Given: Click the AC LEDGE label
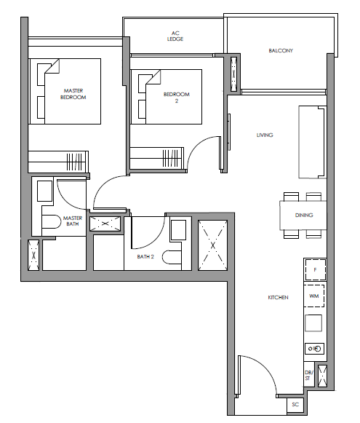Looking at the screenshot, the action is (175, 36).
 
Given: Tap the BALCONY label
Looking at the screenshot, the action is (281, 50).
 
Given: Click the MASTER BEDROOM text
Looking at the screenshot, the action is (73, 94).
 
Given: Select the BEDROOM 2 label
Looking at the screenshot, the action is (177, 98).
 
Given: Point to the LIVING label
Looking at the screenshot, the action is (265, 135).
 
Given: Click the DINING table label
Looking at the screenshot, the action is (304, 215).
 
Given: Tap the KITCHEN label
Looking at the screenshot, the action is (278, 297).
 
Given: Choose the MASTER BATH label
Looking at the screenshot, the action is (73, 221).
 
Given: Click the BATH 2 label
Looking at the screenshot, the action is (145, 256).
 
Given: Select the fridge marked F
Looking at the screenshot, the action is (315, 270).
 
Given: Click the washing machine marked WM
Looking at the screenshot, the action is (314, 296).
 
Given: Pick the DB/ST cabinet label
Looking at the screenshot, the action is (309, 375).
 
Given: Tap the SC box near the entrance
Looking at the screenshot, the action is (295, 404).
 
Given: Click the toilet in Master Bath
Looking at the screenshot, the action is (51, 221).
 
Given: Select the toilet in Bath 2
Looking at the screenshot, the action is (172, 257).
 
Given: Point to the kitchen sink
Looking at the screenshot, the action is (314, 349).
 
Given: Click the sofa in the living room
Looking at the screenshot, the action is (312, 142).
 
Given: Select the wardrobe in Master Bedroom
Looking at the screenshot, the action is (58, 162).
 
